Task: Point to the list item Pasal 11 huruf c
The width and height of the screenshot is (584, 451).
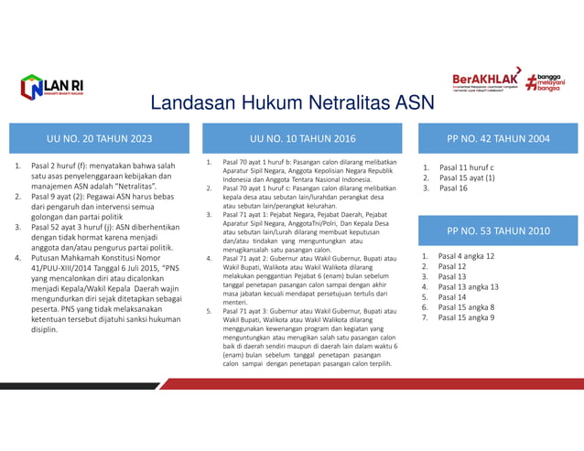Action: (x=466, y=168)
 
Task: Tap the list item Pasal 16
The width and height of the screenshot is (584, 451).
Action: (x=454, y=188)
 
